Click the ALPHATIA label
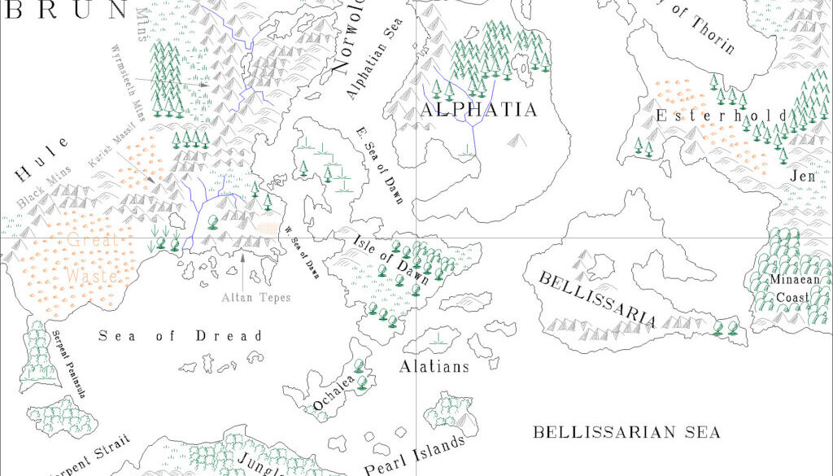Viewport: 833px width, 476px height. tap(478, 110)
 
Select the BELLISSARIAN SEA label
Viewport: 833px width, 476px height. tap(626, 432)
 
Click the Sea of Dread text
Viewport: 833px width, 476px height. tap(181, 336)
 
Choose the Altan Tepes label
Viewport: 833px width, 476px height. tap(256, 298)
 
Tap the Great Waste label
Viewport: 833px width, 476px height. tap(93, 258)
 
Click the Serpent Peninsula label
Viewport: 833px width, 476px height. tap(69, 364)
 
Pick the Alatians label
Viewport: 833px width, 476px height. tap(434, 367)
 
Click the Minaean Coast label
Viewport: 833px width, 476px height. tap(791, 289)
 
